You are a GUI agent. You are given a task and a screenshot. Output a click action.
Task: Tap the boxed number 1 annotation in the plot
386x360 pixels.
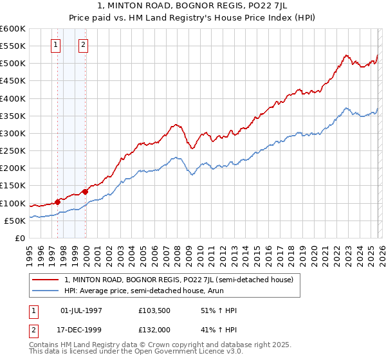[x=56, y=45]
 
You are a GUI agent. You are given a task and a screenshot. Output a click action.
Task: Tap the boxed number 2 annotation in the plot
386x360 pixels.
[x=84, y=45]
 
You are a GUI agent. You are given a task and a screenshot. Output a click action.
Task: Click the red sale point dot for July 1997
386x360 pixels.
[x=57, y=202]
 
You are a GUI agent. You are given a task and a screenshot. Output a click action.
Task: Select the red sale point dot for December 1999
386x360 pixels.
[x=85, y=192]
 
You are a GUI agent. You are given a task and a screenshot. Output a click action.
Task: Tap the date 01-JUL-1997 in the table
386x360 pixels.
[x=86, y=310]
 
